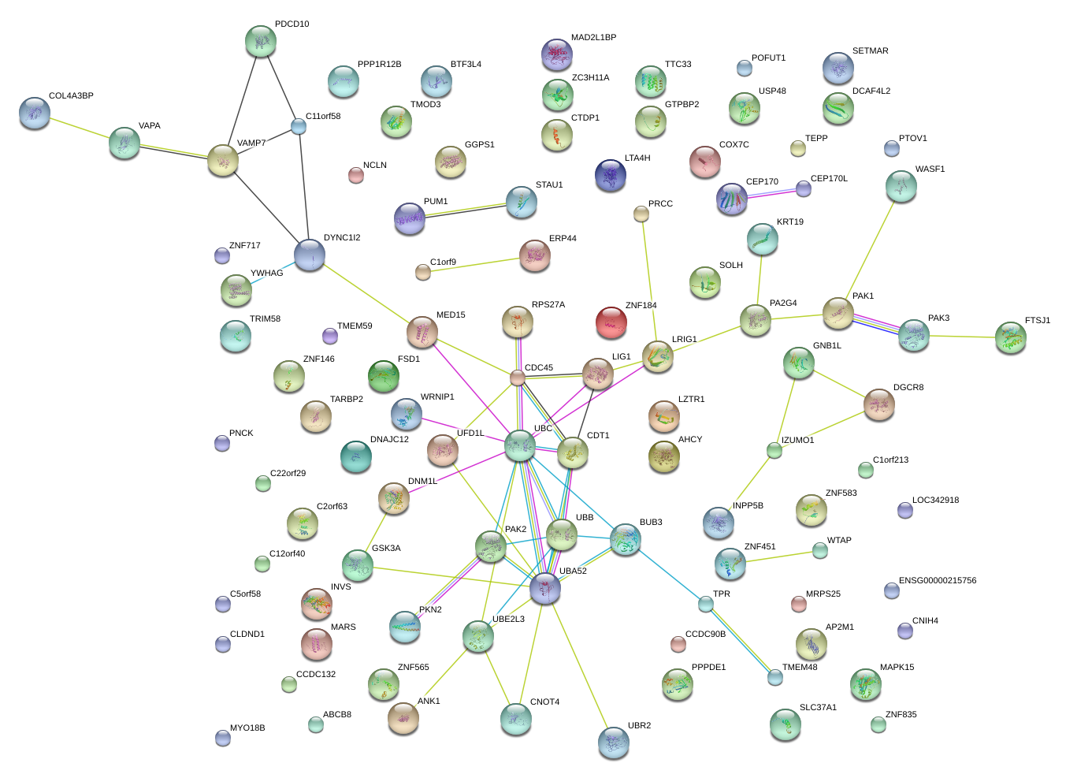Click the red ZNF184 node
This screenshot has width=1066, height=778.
tap(611, 322)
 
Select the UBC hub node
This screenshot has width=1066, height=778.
tap(519, 445)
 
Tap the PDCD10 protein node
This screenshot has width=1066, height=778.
tap(260, 41)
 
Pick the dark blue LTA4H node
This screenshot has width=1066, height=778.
tap(610, 175)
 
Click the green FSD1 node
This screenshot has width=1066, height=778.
tap(384, 376)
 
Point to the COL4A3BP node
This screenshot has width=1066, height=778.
tap(34, 113)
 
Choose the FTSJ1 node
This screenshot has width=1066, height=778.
tap(1010, 337)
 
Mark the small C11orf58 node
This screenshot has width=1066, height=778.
tap(298, 126)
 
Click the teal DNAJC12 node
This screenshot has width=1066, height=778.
tap(356, 456)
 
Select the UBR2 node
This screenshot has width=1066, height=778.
tap(614, 743)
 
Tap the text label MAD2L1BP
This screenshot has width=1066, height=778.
tap(593, 38)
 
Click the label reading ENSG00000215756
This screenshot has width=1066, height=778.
tap(937, 581)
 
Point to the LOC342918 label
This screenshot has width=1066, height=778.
tap(935, 501)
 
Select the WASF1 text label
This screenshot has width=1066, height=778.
tap(930, 169)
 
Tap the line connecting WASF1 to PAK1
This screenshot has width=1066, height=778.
tap(870, 249)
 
